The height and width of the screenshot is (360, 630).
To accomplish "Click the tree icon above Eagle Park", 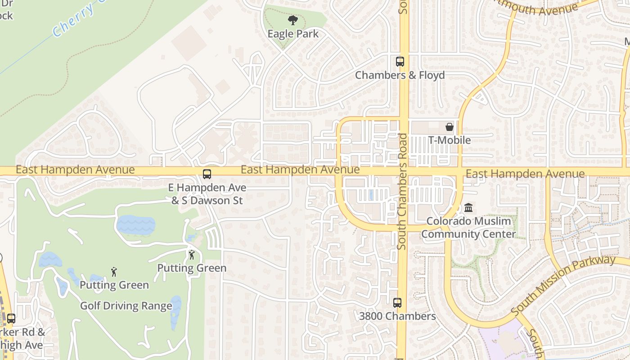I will pos(293,20).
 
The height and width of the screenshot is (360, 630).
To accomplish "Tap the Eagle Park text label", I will pos(293,34).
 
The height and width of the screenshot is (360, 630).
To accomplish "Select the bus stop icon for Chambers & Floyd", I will pos(400,61).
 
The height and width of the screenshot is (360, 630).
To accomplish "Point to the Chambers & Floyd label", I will pos(400,75).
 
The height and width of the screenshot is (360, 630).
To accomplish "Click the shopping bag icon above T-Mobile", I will pos(449,127).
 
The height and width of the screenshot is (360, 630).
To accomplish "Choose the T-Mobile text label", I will pos(449,140).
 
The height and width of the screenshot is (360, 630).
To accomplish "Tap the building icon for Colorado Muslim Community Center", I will pos(468,207).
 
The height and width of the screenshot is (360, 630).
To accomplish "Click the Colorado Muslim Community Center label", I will pos(468,228).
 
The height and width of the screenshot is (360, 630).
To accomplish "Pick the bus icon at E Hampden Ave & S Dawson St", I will pos(207,174).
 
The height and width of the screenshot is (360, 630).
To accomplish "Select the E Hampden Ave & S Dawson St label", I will pos(207,193).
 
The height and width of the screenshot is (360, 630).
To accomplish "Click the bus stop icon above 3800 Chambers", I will pos(397,302).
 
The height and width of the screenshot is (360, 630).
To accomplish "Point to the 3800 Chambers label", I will pos(397,316).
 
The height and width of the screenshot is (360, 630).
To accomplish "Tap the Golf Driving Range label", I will pos(126,306).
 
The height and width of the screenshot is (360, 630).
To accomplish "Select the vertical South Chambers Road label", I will pos(402,191).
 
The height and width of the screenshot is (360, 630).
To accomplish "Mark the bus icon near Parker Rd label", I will pos(11,318).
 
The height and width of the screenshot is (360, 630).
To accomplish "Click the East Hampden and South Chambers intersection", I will pos(403,171).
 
